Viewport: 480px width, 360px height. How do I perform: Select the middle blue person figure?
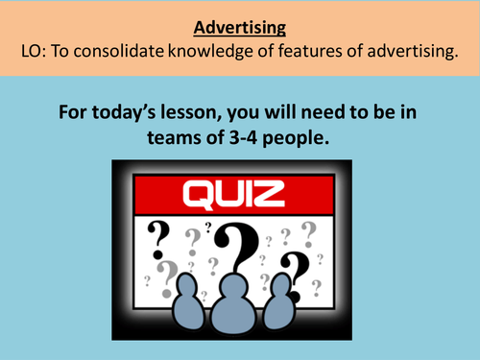pos(236,303)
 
